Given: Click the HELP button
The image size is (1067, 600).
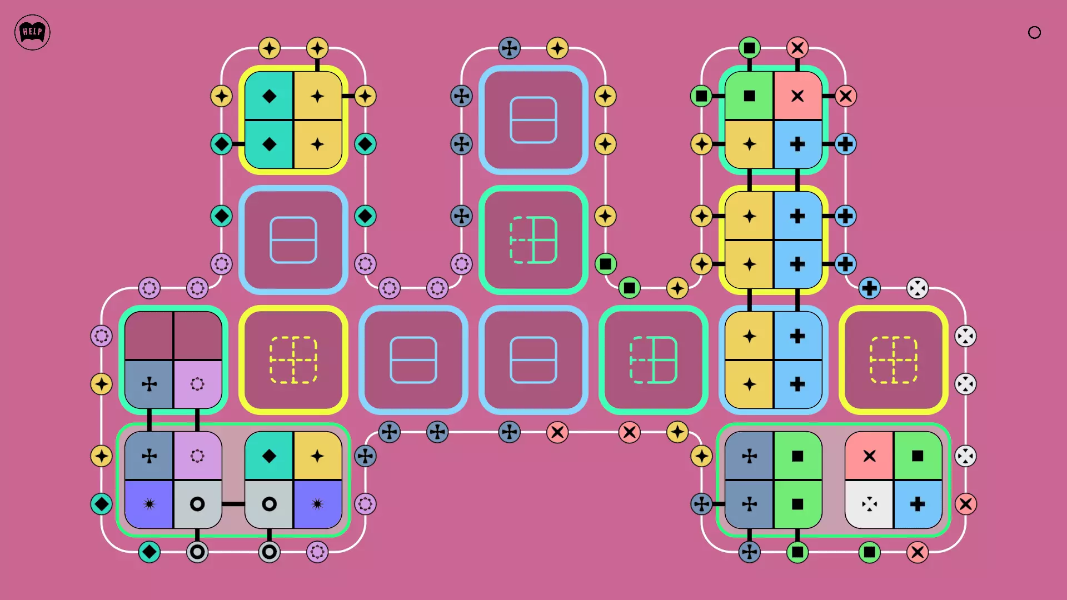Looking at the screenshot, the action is point(32,32).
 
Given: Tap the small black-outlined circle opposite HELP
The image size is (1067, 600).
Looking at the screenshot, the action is point(1034,32).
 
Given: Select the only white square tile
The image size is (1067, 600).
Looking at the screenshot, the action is point(869,504).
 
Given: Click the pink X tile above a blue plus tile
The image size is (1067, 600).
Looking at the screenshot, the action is point(797,96).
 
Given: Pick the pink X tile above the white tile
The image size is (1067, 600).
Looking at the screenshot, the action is point(869,456).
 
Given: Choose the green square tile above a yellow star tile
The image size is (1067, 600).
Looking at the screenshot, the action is point(749,96).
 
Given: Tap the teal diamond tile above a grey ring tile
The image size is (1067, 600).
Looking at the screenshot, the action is point(269,456).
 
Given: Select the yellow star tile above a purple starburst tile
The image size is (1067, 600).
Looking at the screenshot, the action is point(317,456).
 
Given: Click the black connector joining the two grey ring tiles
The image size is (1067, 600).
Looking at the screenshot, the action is point(233,504).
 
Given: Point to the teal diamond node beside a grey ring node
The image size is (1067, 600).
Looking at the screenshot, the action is point(149,552).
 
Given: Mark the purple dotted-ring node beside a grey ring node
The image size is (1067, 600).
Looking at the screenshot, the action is point(317,552).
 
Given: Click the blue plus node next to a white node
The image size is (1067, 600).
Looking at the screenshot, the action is point(869,288).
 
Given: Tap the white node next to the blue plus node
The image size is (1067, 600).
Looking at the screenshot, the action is point(918,288).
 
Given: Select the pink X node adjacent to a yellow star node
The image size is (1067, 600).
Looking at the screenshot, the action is point(629,432).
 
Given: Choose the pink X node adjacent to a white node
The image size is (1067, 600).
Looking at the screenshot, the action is point(965,504).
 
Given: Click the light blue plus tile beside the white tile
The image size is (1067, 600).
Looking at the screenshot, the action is point(918,504).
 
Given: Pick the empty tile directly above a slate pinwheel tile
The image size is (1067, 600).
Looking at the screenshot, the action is point(149,336).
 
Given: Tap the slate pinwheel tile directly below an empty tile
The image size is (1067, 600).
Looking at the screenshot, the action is point(149,384).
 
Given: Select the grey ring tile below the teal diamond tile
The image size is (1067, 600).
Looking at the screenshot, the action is point(269,504).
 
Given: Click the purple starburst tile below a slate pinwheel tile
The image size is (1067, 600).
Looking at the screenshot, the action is point(149,504).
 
